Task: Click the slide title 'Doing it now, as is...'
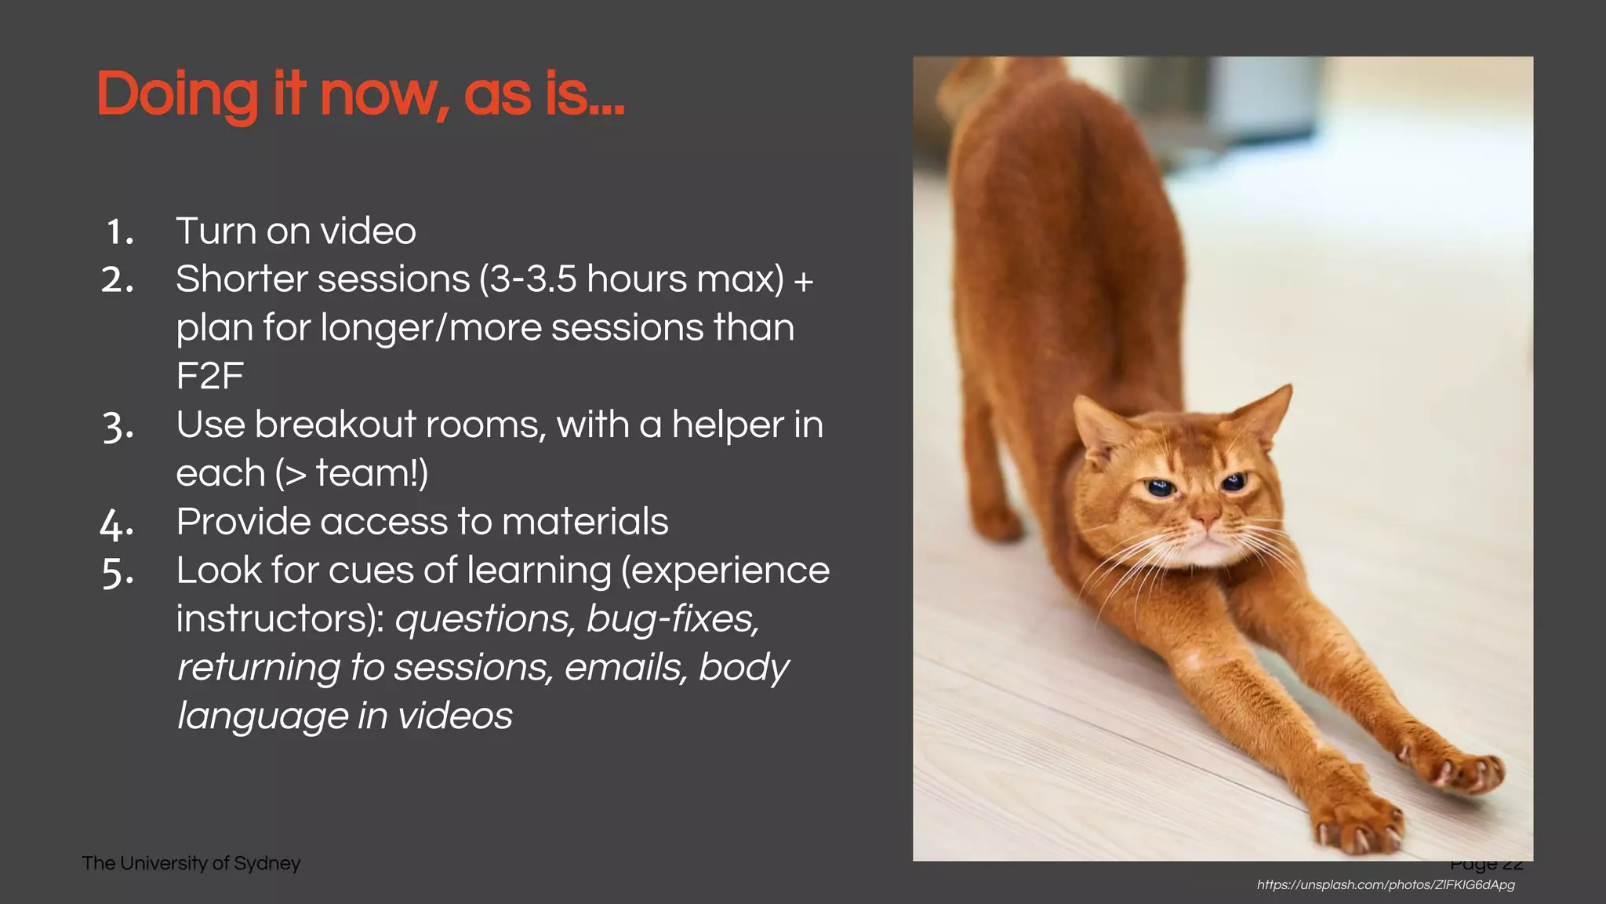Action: pos(360,94)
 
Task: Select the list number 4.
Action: pos(117,523)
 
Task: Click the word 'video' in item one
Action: pos(369,231)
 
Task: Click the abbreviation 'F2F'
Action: pos(209,376)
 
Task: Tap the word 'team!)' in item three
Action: pos(372,473)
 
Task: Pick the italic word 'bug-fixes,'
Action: pos(673,618)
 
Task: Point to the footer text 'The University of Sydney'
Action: pos(191,863)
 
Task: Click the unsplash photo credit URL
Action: pos(1386,885)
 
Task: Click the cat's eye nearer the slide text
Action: pos(1159,488)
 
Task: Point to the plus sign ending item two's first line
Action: pos(803,281)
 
